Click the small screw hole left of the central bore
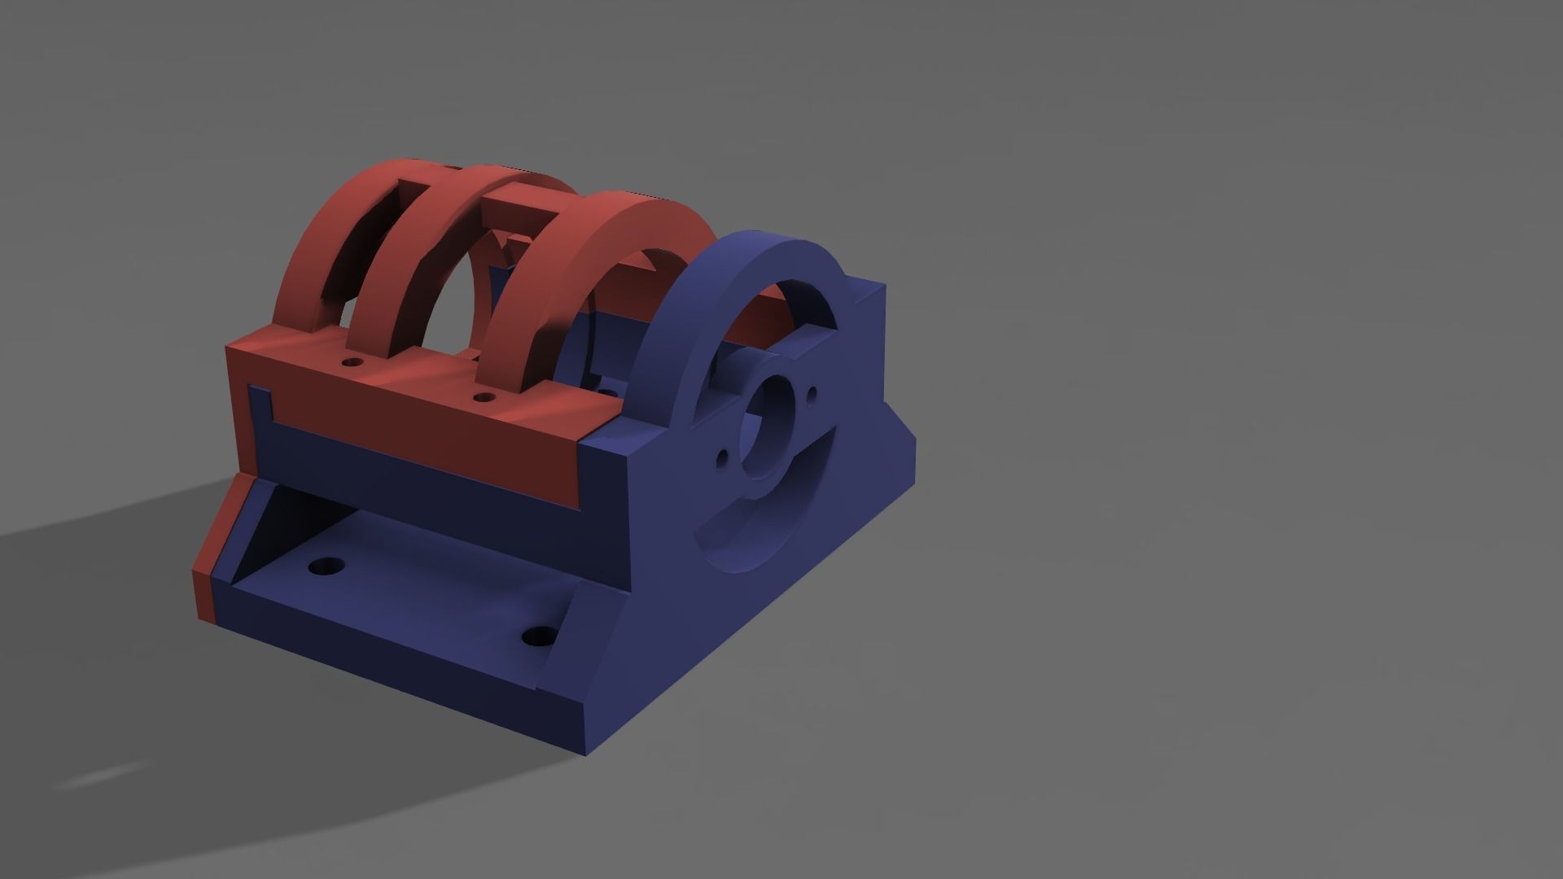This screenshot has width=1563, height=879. tap(721, 460)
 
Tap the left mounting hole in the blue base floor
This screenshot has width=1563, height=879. tap(327, 565)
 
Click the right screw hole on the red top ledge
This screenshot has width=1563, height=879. tap(484, 398)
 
